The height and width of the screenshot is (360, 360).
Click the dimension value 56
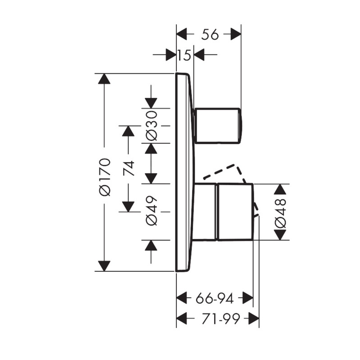pyautogui.click(x=210, y=35)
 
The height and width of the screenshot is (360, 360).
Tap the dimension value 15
pyautogui.click(x=184, y=55)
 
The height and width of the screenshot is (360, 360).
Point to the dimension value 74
pyautogui.click(x=129, y=168)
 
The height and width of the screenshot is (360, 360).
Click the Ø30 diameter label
pyautogui.click(x=152, y=126)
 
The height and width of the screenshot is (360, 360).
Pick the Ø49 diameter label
pyautogui.click(x=152, y=211)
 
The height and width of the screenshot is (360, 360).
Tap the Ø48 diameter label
pyautogui.click(x=280, y=213)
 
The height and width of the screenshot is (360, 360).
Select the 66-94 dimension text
pyautogui.click(x=215, y=299)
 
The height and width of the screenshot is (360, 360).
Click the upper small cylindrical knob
pyautogui.click(x=217, y=126)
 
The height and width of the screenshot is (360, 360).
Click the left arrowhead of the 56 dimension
pyautogui.click(x=181, y=34)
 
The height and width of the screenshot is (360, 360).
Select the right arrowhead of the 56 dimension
pyautogui.click(x=236, y=34)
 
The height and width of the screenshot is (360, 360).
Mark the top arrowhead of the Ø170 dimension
pyautogui.click(x=104, y=79)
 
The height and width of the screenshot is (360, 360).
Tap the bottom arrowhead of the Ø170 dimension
pyautogui.click(x=104, y=266)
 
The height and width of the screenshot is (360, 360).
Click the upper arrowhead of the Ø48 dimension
pyautogui.click(x=280, y=189)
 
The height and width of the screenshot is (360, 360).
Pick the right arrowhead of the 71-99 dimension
pyautogui.click(x=254, y=319)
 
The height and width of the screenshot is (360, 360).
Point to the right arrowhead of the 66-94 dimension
pyautogui.click(x=248, y=298)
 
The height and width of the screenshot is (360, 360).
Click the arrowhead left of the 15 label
pyautogui.click(x=171, y=54)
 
